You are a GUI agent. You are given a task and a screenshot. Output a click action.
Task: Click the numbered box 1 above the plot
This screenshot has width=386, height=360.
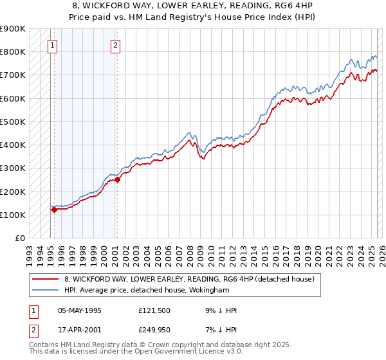coord(51,45)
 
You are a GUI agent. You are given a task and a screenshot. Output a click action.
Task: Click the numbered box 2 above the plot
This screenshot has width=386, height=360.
coord(115,45)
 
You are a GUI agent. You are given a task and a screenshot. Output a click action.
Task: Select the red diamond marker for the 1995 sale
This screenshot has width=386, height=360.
coord(54,210)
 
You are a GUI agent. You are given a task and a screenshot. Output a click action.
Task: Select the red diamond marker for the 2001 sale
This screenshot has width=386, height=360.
coord(117,180)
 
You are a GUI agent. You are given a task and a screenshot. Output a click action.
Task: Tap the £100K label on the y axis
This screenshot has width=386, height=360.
coord(13,215)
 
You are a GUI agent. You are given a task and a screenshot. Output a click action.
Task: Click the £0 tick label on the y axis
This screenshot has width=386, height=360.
coord(19,239)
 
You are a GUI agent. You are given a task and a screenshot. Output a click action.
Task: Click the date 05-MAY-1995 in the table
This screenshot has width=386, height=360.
coord(80,310)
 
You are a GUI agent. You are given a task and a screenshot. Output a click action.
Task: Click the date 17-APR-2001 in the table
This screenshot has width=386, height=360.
coord(79,330)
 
